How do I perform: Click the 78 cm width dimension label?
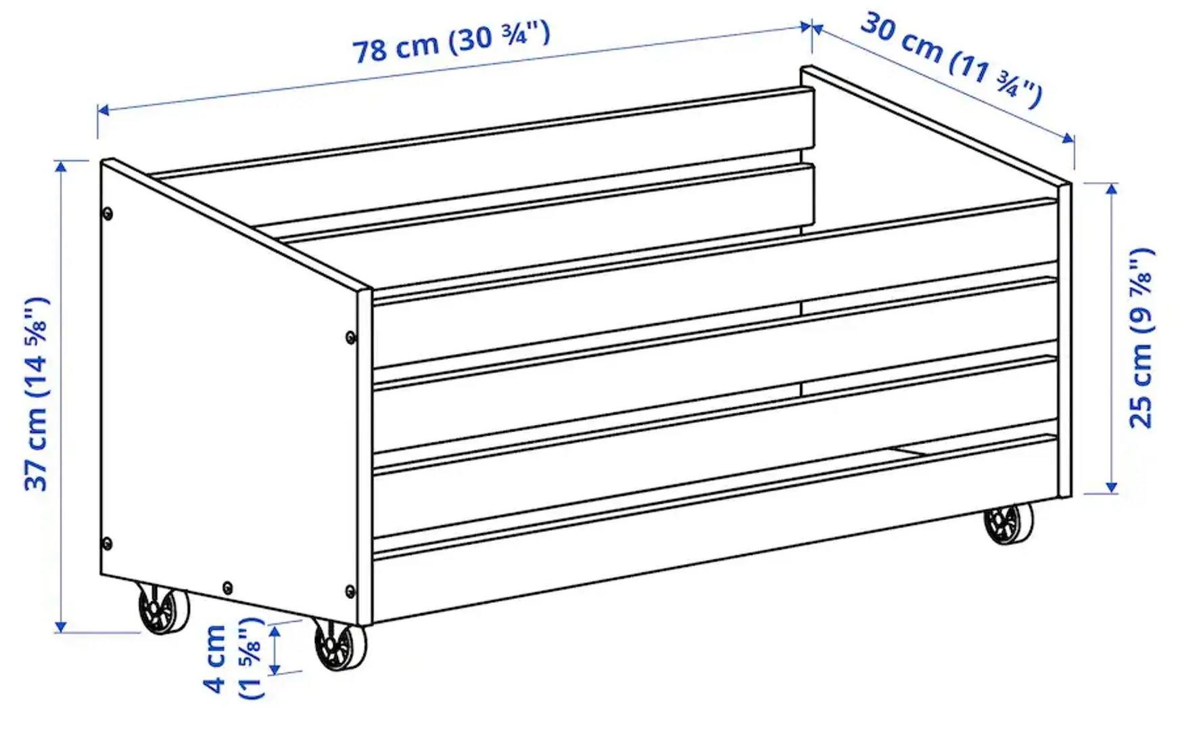(451, 42)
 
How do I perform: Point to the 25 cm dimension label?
(1141, 338)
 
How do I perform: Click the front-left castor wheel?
(164, 609)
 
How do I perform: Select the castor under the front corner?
(340, 646)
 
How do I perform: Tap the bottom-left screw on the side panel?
(106, 542)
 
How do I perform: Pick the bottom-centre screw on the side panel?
(227, 587)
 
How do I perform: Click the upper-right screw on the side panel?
(350, 336)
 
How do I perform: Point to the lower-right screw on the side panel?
(350, 591)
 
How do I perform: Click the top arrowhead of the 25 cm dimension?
(1111, 189)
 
